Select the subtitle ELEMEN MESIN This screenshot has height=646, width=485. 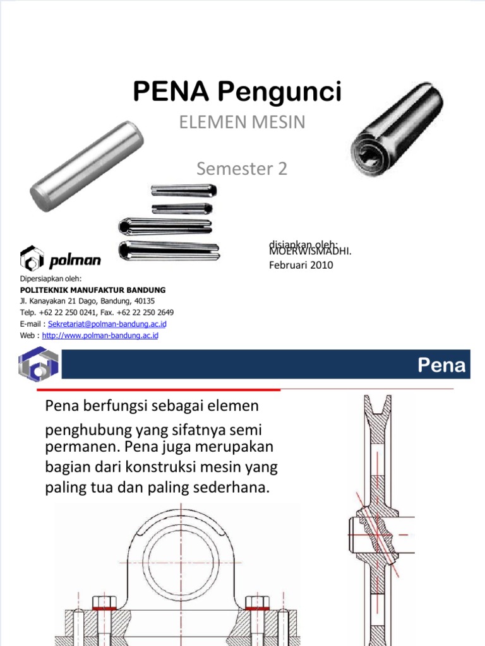pos(242,122)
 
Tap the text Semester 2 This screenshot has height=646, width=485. pos(242,168)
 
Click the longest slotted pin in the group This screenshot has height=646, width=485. pos(169,250)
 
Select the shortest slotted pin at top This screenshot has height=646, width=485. pos(182,208)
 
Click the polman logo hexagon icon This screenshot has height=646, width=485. pos(32,259)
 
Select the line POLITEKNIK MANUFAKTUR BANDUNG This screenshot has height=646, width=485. pos(93,290)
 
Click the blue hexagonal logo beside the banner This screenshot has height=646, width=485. pos(39,365)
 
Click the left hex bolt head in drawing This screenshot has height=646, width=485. pos(103,600)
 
